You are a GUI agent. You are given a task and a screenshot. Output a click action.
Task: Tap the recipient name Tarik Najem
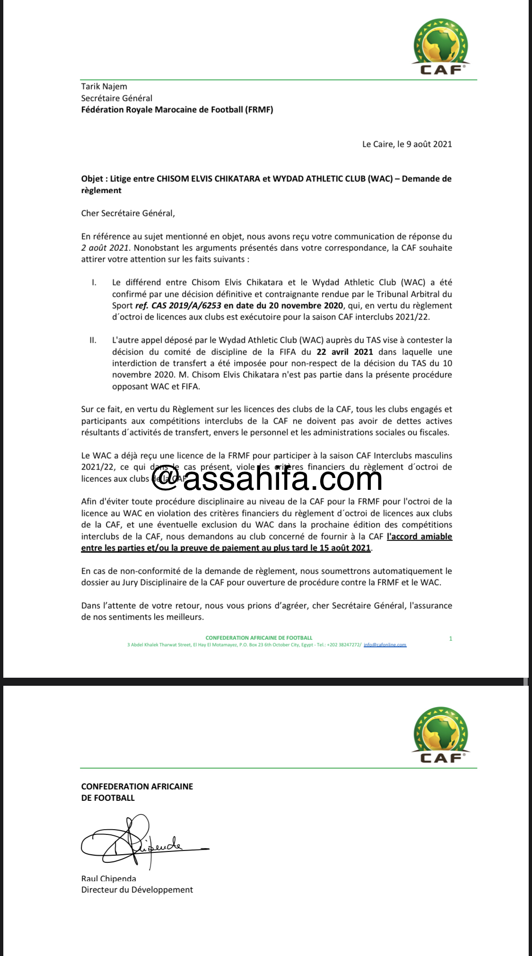(104, 87)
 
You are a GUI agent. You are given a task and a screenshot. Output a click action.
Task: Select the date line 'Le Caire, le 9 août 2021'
(407, 144)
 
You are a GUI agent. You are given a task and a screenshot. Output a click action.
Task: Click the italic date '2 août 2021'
(105, 248)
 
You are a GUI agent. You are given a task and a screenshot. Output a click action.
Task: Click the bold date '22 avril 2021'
(345, 352)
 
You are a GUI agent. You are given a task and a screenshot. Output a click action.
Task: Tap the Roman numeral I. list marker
(94, 283)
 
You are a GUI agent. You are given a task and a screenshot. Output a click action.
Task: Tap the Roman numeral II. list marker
(93, 340)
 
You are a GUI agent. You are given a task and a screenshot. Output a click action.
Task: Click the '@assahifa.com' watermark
(267, 479)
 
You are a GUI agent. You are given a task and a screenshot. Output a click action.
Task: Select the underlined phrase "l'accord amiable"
(419, 537)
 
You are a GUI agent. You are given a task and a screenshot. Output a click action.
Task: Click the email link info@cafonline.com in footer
(385, 645)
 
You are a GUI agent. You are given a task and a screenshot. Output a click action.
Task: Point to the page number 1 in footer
(450, 639)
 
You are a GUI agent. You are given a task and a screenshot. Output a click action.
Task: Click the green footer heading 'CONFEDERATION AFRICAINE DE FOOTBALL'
(259, 638)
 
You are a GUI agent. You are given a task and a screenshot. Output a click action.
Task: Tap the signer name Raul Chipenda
(109, 879)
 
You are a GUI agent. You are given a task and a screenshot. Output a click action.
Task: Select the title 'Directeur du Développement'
(137, 890)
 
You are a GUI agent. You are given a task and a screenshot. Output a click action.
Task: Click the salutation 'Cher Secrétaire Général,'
(128, 213)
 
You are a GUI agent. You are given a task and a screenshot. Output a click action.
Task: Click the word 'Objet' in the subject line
(92, 179)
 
